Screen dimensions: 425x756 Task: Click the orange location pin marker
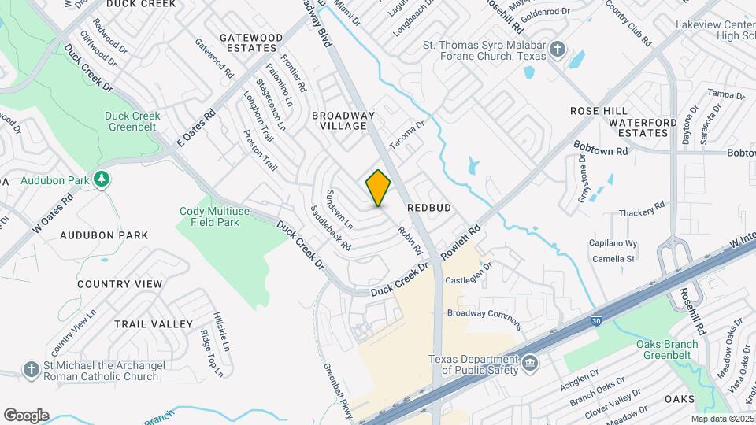378,188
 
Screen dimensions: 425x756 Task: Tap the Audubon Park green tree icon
101,179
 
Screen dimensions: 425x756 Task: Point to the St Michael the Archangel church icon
31,369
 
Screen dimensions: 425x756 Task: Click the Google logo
26,415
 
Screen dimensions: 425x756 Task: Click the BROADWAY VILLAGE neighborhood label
343,120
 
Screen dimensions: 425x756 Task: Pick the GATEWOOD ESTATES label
251,42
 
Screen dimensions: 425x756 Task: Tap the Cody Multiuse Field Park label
209,216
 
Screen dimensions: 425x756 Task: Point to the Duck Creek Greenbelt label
132,121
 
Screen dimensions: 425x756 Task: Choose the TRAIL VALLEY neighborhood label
154,324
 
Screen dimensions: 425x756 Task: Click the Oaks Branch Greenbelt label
667,349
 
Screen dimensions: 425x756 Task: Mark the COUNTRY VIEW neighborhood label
120,284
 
